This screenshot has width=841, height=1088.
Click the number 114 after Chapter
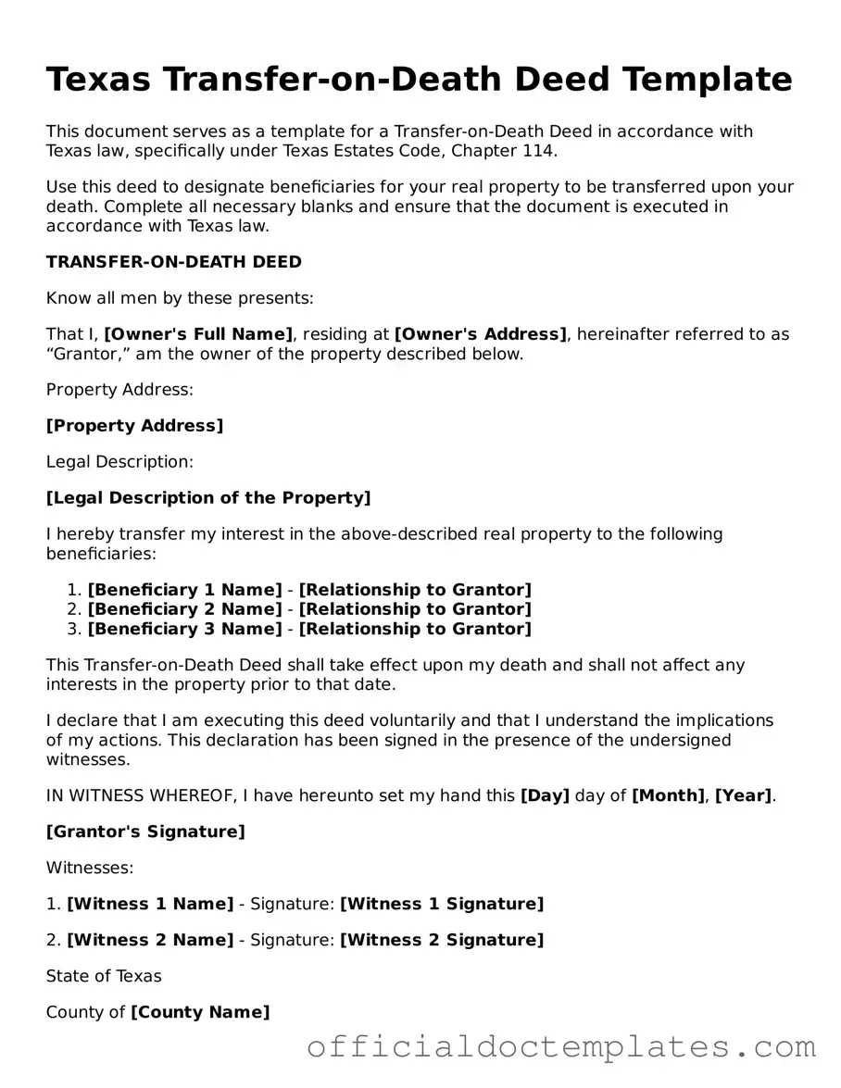coord(542,150)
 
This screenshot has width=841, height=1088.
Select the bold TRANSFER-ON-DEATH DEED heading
coord(174,262)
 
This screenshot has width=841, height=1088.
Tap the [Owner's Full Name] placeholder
coord(199,334)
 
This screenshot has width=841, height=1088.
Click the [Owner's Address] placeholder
coord(481,334)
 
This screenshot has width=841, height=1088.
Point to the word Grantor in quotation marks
coord(86,354)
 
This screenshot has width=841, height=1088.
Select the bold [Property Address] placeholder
coord(135,426)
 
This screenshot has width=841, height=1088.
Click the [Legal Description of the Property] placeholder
coord(208,498)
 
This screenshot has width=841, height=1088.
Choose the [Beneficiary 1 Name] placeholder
coord(185,590)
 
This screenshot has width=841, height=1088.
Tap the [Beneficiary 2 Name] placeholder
coord(185,609)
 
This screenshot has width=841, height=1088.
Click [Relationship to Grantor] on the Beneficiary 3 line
coord(415,630)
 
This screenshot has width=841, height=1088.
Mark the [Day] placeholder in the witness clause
coord(546,795)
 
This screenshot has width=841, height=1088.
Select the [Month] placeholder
coord(668,795)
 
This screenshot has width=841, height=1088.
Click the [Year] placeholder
coord(744,795)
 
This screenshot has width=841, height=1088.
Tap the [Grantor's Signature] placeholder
coord(145,832)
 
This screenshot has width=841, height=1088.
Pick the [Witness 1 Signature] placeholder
coord(442,904)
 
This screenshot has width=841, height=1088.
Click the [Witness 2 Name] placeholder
coord(150,940)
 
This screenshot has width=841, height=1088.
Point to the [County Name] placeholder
coord(200,1012)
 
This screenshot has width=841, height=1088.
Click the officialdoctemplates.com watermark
coord(561,1047)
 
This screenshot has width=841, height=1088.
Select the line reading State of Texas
coord(104,976)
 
